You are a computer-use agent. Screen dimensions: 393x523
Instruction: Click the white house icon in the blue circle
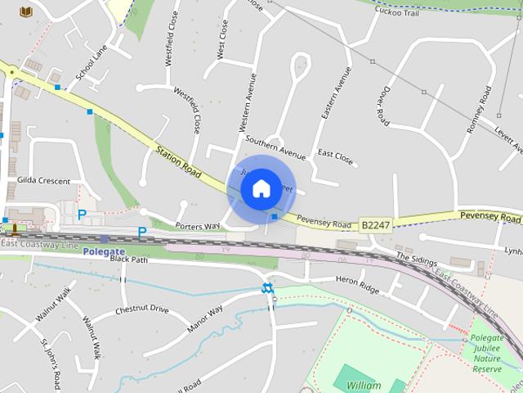coord(261,188)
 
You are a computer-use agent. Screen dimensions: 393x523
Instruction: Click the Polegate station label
coord(104,251)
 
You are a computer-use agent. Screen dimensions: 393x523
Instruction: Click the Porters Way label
coord(198,225)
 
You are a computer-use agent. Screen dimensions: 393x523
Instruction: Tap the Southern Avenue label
coord(275,147)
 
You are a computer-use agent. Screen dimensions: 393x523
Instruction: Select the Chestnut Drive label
coord(141,309)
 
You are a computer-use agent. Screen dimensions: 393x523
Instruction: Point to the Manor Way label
coord(204,320)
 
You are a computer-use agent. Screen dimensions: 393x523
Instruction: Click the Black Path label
coord(128,259)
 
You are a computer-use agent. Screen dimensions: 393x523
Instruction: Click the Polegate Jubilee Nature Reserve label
coord(488,352)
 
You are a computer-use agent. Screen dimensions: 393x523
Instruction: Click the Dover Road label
coord(385,106)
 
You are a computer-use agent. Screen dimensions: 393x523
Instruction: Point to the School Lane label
coord(91,62)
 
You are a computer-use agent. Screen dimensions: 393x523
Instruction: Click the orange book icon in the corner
coord(27,11)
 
